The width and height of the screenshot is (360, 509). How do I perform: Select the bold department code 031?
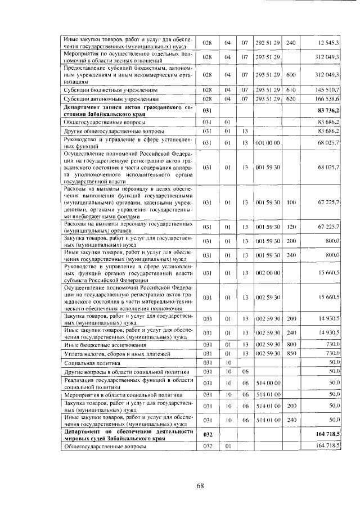tap(206, 110)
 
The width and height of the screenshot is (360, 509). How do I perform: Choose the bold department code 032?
tap(206, 434)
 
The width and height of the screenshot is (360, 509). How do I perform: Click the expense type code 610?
tap(291, 89)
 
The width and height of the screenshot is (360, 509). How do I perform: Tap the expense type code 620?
tap(291, 98)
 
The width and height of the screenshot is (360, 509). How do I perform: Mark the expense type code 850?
tap(291, 353)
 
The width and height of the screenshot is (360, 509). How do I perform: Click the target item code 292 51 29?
tap(267, 43)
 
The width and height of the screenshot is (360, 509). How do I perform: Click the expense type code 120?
tap(291, 227)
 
